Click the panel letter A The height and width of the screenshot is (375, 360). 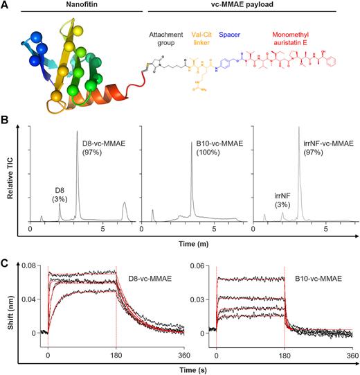click(5, 6)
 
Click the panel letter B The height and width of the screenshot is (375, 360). click(5, 123)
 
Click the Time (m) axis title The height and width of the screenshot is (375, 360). click(192, 244)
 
